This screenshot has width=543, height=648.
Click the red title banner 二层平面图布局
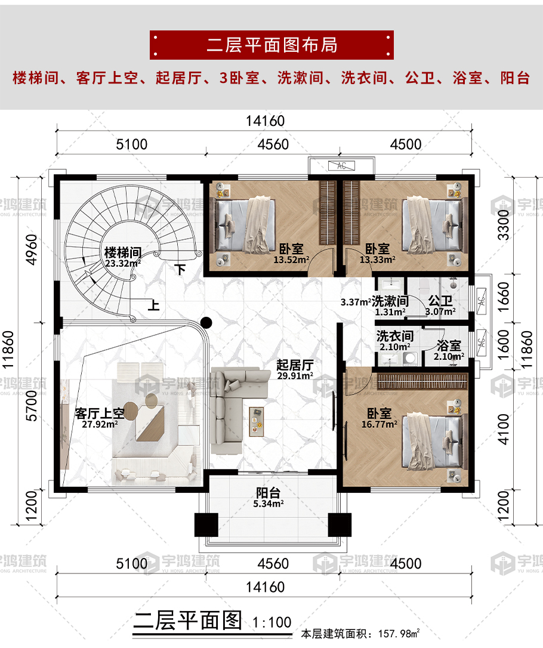(x=271, y=45)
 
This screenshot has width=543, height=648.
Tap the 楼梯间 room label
(x=123, y=252)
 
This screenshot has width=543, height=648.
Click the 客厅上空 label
(x=100, y=413)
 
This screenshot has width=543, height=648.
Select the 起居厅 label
(x=295, y=365)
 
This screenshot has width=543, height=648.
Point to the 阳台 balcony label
(x=268, y=493)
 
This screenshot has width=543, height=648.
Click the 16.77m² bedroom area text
(x=380, y=424)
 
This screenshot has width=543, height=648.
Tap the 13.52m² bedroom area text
(x=291, y=260)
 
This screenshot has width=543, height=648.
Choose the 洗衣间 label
(x=394, y=336)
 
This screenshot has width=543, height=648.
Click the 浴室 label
(x=449, y=345)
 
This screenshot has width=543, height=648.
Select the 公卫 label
(x=440, y=301)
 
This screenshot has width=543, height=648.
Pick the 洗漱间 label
(x=390, y=301)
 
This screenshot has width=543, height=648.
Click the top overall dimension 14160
(x=266, y=121)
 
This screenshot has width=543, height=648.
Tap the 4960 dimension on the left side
(x=32, y=249)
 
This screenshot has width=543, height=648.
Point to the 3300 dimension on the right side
(x=504, y=225)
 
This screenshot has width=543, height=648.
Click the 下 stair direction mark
(x=180, y=270)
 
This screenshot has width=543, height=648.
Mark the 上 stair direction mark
(x=154, y=306)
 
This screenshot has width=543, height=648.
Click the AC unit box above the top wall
(x=341, y=166)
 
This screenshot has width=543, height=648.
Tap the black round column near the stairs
(x=206, y=322)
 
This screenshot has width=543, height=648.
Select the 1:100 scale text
(x=272, y=622)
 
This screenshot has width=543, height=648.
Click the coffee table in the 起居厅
(x=256, y=421)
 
